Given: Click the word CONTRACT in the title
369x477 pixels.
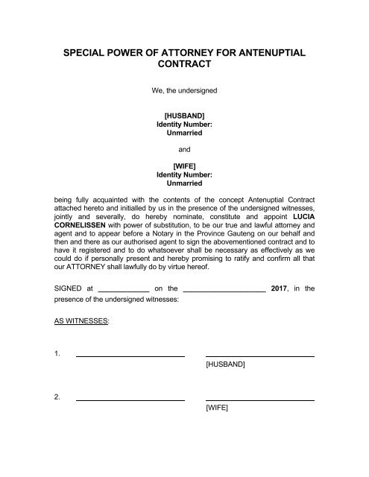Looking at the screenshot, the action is click(x=184, y=65).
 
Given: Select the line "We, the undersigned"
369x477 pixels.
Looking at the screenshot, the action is click(x=184, y=92).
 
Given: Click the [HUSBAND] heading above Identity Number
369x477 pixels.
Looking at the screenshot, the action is click(x=184, y=117).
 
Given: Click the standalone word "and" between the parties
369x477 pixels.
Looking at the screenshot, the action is click(x=184, y=149).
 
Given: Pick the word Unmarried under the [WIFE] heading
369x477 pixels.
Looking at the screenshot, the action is click(x=184, y=182).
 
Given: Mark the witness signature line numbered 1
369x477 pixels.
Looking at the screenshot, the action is click(x=130, y=356).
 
